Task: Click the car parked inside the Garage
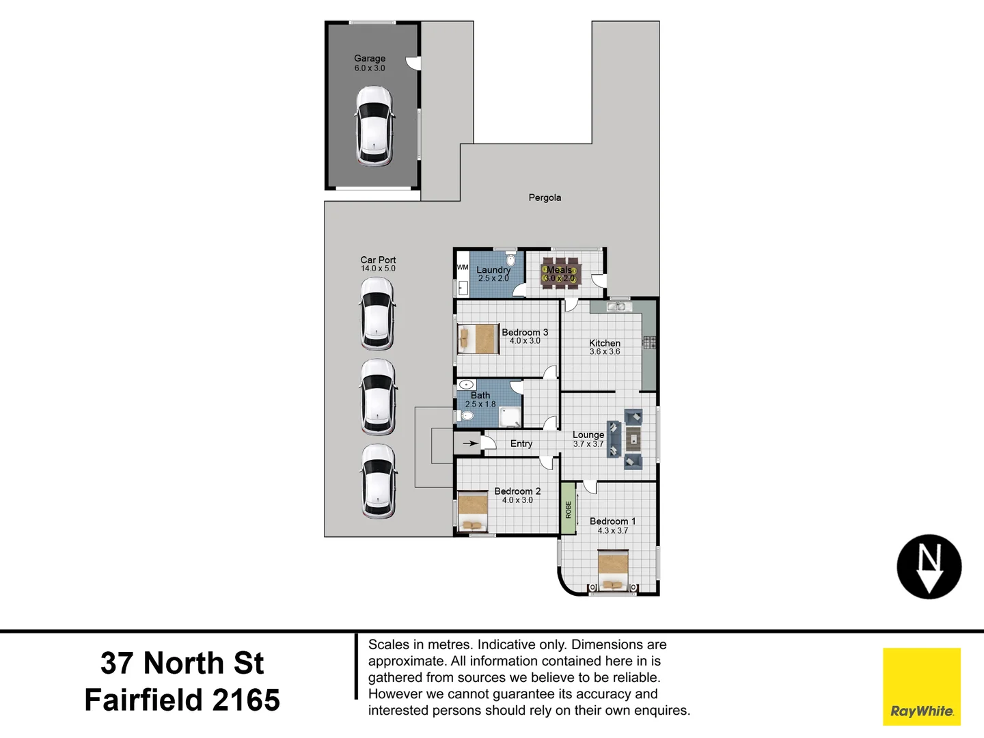click(374, 126)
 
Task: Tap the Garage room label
click(370, 59)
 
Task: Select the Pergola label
click(545, 197)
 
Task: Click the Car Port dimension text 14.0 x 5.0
click(378, 269)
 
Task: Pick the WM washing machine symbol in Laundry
click(463, 267)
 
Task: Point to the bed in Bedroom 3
click(477, 339)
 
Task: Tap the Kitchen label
click(605, 343)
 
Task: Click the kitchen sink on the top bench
click(619, 307)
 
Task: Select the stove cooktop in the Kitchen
click(649, 342)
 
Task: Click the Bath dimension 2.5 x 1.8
click(480, 405)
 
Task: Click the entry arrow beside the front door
click(469, 443)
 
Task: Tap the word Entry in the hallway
click(521, 443)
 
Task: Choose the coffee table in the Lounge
click(633, 439)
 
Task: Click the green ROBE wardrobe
click(568, 509)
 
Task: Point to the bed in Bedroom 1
click(613, 571)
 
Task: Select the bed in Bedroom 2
click(472, 512)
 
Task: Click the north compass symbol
click(929, 567)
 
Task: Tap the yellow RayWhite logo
click(922, 686)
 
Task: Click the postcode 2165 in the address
click(246, 700)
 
